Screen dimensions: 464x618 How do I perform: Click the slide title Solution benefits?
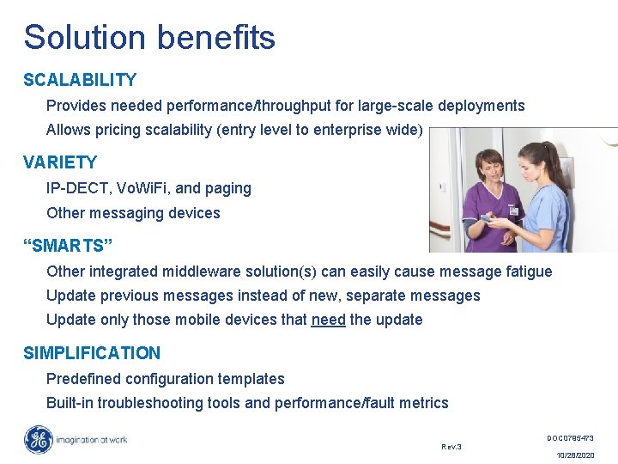149,38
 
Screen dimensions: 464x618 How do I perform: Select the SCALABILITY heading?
80,80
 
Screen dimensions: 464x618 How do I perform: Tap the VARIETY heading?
60,162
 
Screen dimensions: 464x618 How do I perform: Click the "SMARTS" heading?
68,247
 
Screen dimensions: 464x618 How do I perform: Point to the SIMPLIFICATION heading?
92,352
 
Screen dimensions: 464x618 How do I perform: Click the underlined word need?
328,320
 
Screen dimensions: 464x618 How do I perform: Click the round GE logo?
39,440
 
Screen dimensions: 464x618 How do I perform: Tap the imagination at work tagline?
92,440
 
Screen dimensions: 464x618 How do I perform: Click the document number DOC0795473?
570,438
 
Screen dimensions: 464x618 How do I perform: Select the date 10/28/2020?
574,455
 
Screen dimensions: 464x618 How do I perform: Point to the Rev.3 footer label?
451,447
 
